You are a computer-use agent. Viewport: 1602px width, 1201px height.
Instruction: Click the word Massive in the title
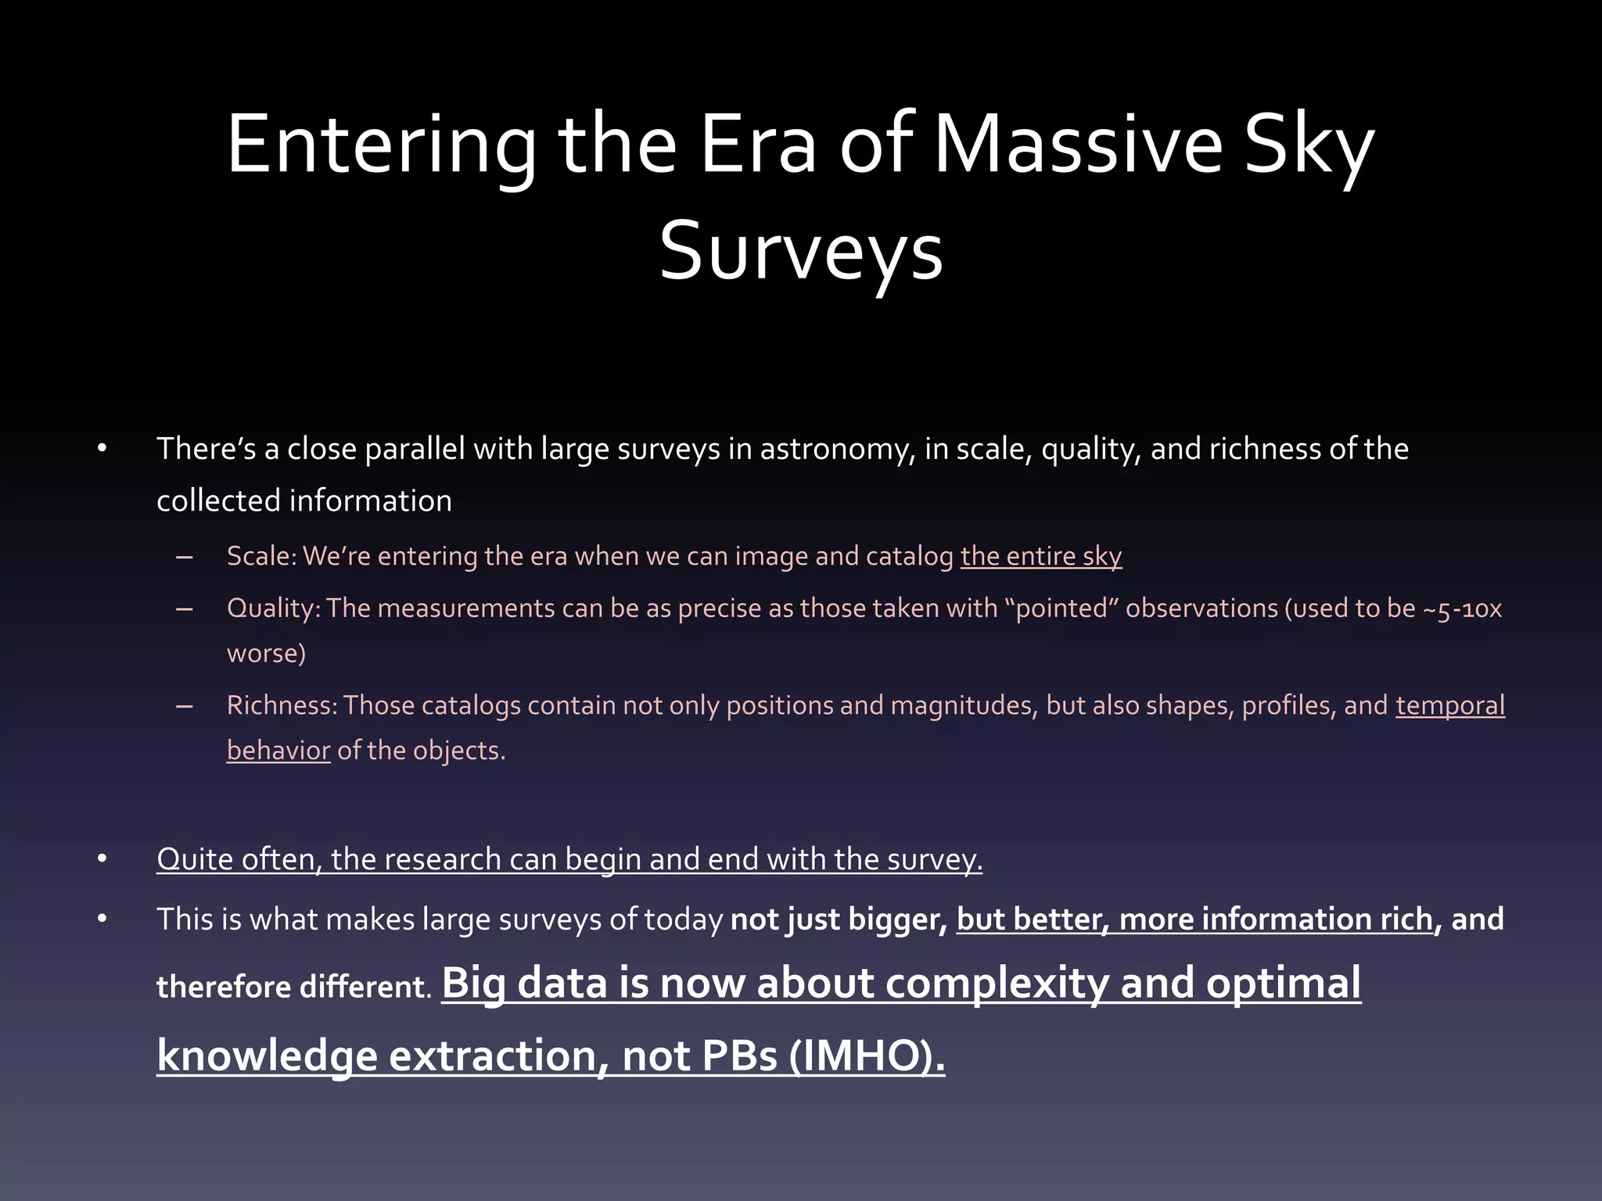coord(1077,145)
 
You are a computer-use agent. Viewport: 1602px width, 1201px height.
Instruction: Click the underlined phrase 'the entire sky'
coord(1041,556)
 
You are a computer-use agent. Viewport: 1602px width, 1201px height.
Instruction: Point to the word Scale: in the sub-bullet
coord(261,556)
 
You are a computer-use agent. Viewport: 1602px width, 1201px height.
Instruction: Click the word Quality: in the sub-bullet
coord(273,608)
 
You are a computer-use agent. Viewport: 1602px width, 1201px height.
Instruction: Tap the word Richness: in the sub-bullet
coord(282,705)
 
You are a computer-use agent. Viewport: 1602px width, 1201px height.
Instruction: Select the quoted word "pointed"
coord(1061,608)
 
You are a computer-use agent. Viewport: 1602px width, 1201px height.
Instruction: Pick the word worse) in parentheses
coord(266,653)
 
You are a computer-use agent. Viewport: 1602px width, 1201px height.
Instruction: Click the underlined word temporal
coord(1449,705)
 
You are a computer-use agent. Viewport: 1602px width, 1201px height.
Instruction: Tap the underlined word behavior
coord(278,751)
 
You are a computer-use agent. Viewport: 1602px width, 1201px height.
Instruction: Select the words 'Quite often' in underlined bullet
coord(238,859)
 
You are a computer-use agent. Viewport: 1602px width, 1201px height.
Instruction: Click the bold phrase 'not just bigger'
coord(838,920)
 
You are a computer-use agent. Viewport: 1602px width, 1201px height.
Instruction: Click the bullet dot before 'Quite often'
coord(102,859)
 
